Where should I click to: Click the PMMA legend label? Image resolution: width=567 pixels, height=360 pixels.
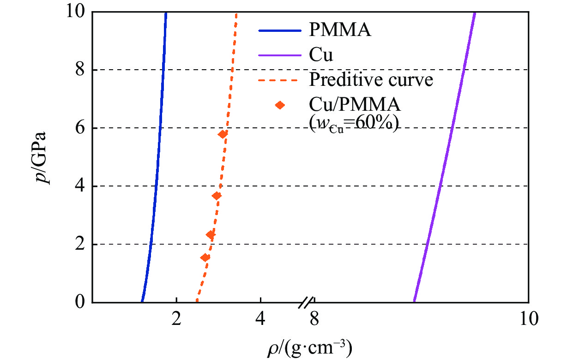pyautogui.click(x=340, y=31)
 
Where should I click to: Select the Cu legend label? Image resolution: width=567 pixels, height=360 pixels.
pyautogui.click(x=321, y=56)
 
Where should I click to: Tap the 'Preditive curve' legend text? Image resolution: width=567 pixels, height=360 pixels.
pyautogui.click(x=371, y=80)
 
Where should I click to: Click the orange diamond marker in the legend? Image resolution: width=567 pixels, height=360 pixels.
pyautogui.click(x=280, y=105)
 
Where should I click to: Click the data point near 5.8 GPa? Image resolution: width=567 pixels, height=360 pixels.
pyautogui.click(x=223, y=134)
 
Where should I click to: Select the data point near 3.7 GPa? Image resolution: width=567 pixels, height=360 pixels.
pyautogui.click(x=216, y=196)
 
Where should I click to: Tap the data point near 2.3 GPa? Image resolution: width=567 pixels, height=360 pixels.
pyautogui.click(x=211, y=235)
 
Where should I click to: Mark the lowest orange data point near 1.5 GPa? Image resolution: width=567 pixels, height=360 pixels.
pyautogui.click(x=205, y=258)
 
